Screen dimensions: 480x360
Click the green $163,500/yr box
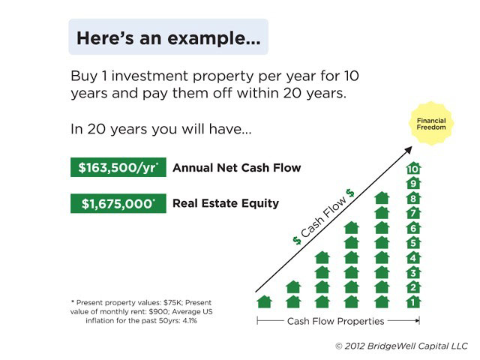coord(118,167)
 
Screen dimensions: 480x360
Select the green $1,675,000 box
coord(118,203)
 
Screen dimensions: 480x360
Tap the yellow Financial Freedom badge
coord(431,124)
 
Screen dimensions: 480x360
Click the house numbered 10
coord(413,168)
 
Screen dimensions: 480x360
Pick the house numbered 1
coord(413,301)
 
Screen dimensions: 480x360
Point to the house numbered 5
coord(413,242)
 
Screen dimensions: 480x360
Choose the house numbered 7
coord(413,213)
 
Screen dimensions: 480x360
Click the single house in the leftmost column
coord(265,301)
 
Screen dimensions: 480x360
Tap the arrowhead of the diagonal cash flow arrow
coord(409,150)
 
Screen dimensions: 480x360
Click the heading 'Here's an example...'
coord(168,38)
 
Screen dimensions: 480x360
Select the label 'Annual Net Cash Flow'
coord(237,168)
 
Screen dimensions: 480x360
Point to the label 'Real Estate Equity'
coord(226,203)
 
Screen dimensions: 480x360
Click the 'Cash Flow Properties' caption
coord(335,321)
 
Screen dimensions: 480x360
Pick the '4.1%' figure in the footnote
coord(190,321)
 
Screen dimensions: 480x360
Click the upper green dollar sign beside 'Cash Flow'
coord(350,193)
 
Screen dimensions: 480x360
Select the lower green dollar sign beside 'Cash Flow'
coord(297,241)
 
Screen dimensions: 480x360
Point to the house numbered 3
coord(413,272)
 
